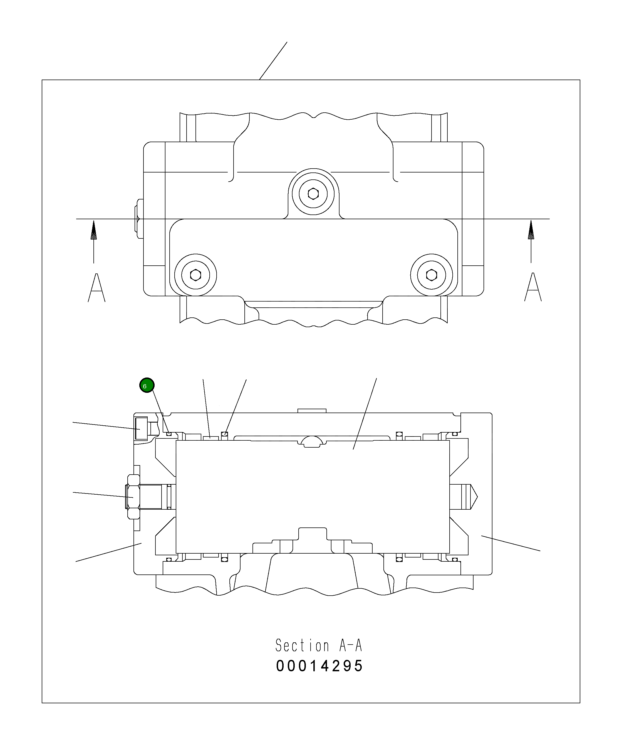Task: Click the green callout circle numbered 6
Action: pyautogui.click(x=147, y=385)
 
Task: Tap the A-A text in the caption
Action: pyautogui.click(x=350, y=645)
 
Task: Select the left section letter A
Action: pyautogui.click(x=96, y=288)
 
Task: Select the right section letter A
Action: pyautogui.click(x=533, y=287)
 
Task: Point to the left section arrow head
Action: pyautogui.click(x=94, y=230)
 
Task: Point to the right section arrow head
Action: pyautogui.click(x=531, y=230)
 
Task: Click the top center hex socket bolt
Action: pyautogui.click(x=313, y=194)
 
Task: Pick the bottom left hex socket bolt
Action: pyautogui.click(x=195, y=275)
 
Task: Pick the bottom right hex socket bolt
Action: pyautogui.click(x=432, y=275)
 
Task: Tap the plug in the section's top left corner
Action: pyautogui.click(x=141, y=428)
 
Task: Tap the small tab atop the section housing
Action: pyautogui.click(x=312, y=411)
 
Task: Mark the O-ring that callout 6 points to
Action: pyautogui.click(x=169, y=433)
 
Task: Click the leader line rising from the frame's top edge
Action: pyautogui.click(x=273, y=61)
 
